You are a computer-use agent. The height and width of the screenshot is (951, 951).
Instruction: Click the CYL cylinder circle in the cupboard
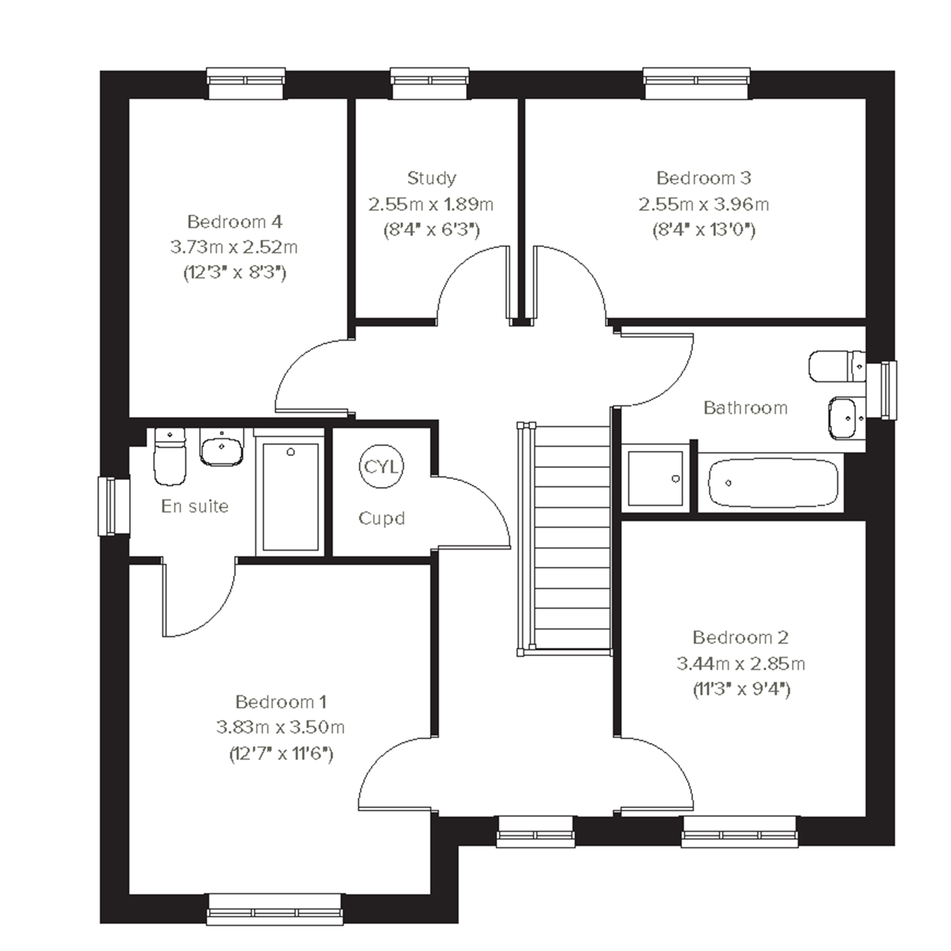(381, 466)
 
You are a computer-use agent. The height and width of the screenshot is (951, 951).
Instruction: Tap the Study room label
(432, 178)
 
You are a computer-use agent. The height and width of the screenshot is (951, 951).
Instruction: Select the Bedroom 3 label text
(704, 178)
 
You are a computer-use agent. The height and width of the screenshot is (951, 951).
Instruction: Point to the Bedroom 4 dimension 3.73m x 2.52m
(234, 247)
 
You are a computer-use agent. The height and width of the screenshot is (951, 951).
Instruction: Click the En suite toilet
(170, 456)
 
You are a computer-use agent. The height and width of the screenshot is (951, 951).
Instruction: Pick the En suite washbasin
(222, 447)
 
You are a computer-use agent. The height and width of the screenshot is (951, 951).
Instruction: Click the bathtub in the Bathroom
(773, 483)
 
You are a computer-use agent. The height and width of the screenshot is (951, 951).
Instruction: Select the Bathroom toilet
(837, 366)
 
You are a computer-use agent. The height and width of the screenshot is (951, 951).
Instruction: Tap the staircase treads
(572, 538)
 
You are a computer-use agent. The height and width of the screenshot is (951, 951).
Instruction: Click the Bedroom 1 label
(280, 702)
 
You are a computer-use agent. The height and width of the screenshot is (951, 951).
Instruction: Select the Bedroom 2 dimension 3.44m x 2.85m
(741, 664)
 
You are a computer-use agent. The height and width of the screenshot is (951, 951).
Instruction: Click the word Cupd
(381, 518)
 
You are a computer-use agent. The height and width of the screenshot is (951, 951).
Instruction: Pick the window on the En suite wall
(114, 506)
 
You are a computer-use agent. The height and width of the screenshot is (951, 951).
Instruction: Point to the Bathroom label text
(745, 408)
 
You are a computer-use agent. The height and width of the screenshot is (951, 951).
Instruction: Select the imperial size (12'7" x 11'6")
(281, 754)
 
